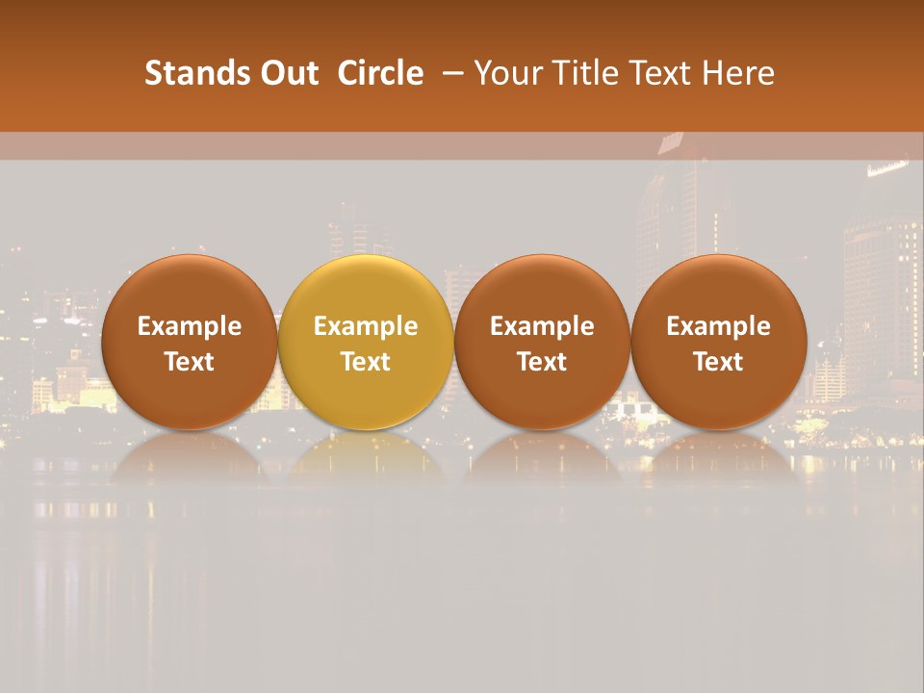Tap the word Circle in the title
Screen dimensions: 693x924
tap(380, 73)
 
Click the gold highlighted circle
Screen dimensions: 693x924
tap(366, 289)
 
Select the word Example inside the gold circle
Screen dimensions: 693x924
tap(366, 326)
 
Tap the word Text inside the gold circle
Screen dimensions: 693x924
tap(366, 362)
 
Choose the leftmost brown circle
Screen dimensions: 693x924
tap(190, 289)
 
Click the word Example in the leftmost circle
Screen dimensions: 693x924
tap(190, 326)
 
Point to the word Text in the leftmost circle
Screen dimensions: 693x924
tap(190, 362)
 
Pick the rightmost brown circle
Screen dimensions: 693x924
tap(719, 289)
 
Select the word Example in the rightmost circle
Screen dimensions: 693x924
tap(719, 326)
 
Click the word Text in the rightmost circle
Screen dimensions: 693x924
tap(719, 362)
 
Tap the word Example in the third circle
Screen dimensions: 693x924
tap(542, 326)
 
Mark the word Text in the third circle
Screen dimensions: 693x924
tap(542, 362)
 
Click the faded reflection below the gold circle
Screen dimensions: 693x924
tap(366, 457)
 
